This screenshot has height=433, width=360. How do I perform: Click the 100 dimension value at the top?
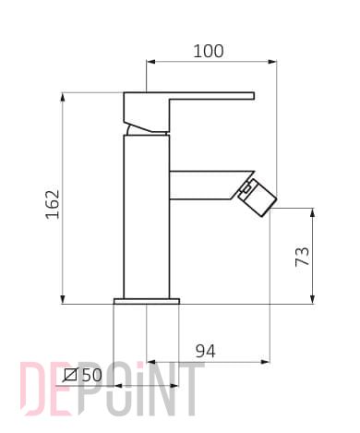[x=209, y=51]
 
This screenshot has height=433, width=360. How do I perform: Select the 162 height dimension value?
[x=53, y=204]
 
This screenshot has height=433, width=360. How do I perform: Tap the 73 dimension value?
[x=302, y=256]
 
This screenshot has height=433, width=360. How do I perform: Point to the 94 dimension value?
[x=206, y=351]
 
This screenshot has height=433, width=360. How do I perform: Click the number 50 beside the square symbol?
[x=91, y=375]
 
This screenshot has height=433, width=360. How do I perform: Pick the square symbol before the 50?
[x=70, y=375]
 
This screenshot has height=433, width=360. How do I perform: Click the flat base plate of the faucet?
[x=147, y=301]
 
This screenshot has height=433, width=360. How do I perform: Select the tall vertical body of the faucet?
[x=147, y=217]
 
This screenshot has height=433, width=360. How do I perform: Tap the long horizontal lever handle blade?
[x=211, y=96]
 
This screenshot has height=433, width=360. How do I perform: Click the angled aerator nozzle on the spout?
[x=258, y=197]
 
